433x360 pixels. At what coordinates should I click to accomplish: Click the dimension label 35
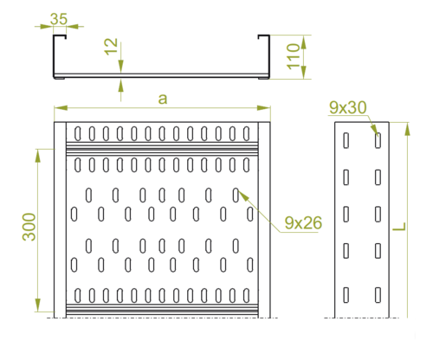click(x=59, y=19)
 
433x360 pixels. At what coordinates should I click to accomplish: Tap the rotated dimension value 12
click(x=111, y=46)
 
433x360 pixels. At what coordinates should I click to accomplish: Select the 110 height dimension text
click(x=294, y=56)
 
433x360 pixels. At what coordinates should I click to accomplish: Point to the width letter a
click(x=163, y=99)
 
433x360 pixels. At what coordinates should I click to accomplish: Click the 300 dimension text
click(x=29, y=227)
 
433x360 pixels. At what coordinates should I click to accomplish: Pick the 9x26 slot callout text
click(x=303, y=223)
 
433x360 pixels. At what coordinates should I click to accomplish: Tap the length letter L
click(x=399, y=227)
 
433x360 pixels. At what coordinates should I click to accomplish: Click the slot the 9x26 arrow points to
click(x=236, y=195)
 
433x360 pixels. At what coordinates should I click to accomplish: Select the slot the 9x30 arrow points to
click(x=378, y=140)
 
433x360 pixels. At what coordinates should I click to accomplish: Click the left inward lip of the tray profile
click(x=60, y=36)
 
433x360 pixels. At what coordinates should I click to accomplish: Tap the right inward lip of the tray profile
click(x=264, y=36)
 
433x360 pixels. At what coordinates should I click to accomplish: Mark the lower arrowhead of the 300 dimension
click(x=38, y=305)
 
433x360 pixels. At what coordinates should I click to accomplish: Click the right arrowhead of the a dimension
click(x=264, y=108)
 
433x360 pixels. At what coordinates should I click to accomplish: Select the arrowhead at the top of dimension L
click(x=407, y=129)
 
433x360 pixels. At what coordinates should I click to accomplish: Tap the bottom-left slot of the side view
click(x=346, y=295)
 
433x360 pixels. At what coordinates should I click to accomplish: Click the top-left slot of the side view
click(x=346, y=140)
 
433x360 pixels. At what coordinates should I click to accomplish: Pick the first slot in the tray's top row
click(x=78, y=133)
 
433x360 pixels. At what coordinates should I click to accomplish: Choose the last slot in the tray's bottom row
click(x=246, y=296)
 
